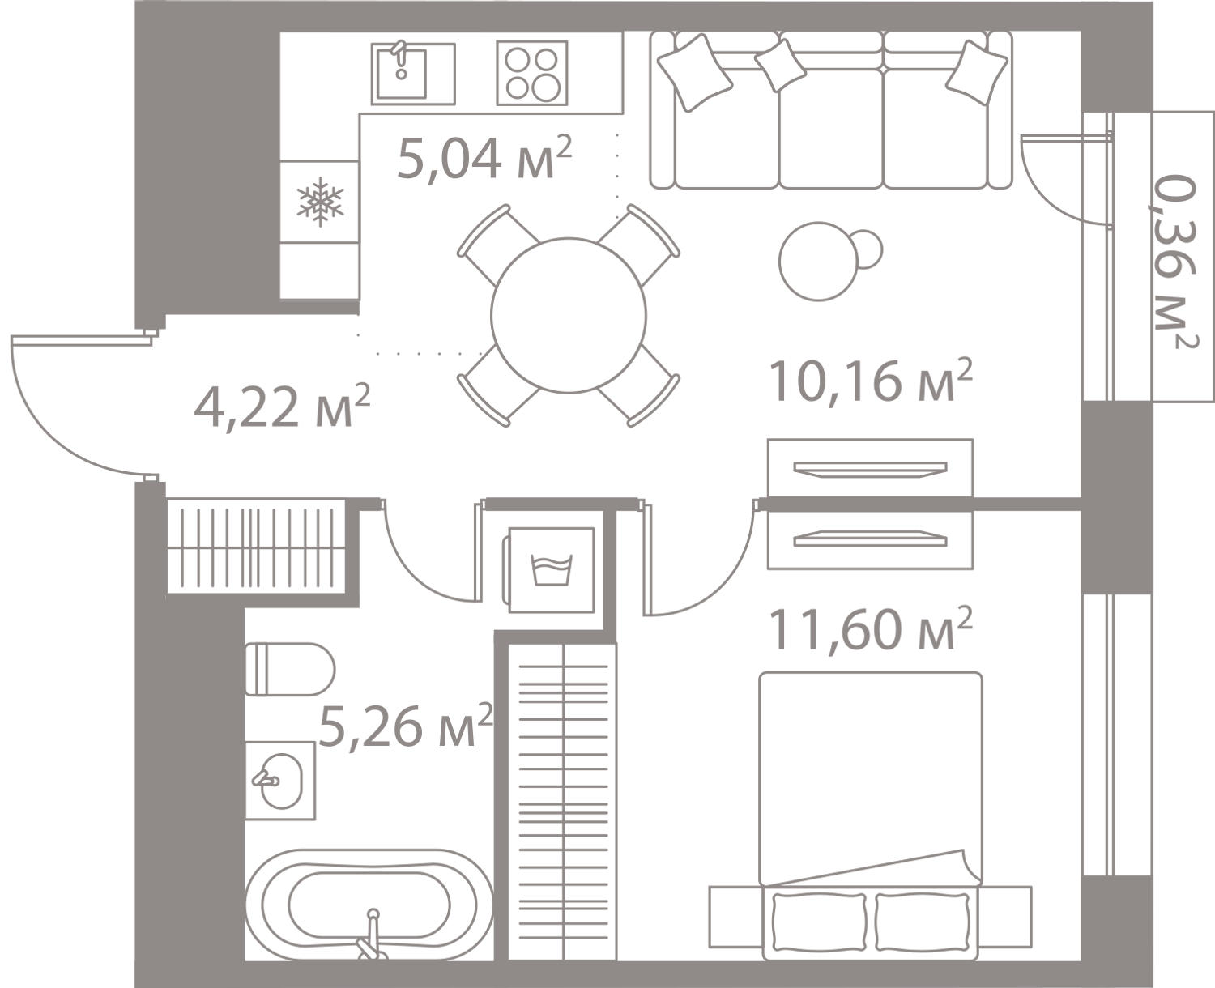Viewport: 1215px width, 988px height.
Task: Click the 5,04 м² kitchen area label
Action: coord(484,158)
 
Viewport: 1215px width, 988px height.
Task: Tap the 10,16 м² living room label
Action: coord(870,381)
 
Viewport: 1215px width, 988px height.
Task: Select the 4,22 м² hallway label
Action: coord(282,407)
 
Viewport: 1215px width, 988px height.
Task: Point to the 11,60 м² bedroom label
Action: coord(870,628)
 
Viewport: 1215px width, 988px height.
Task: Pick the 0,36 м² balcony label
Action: coord(1175,262)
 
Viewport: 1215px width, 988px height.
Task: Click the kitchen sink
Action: coord(413,74)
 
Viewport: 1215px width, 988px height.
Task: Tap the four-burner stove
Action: coord(531,73)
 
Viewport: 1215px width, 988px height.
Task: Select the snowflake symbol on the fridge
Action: coord(320,202)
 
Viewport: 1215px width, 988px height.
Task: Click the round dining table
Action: coord(568,315)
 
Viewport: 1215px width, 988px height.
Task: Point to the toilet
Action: coord(290,669)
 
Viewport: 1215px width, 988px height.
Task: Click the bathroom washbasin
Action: coord(280,781)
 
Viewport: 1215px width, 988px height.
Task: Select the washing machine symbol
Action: coord(551,570)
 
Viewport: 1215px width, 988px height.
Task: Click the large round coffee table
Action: coord(819,261)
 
